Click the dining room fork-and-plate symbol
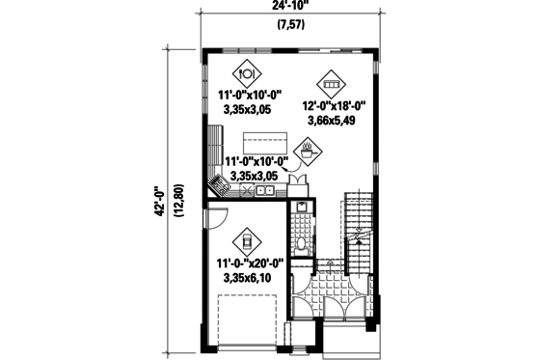point(247,71)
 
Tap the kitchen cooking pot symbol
point(308,150)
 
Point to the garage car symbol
point(247,239)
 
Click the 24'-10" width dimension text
point(283,8)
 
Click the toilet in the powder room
point(302,241)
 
